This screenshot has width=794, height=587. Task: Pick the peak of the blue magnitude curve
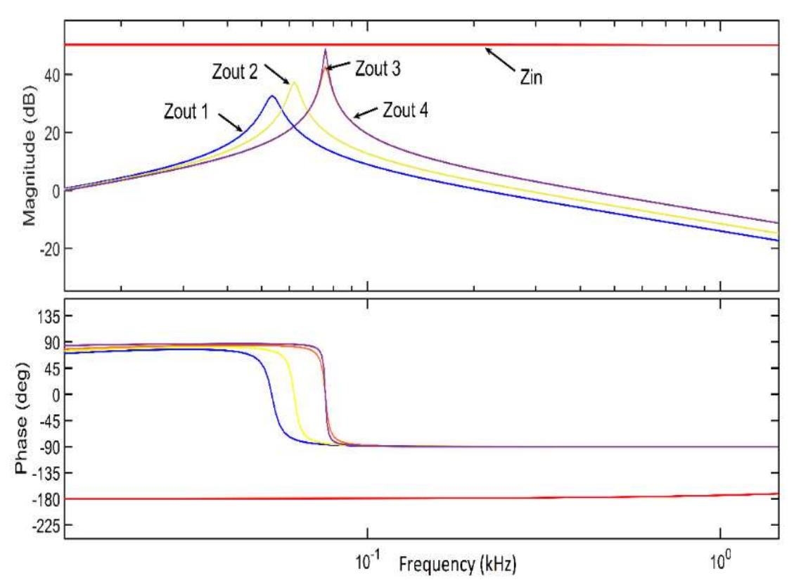pyautogui.click(x=272, y=96)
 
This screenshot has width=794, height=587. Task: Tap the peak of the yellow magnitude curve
pyautogui.click(x=294, y=83)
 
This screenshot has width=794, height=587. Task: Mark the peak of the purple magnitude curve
pyautogui.click(x=325, y=50)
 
